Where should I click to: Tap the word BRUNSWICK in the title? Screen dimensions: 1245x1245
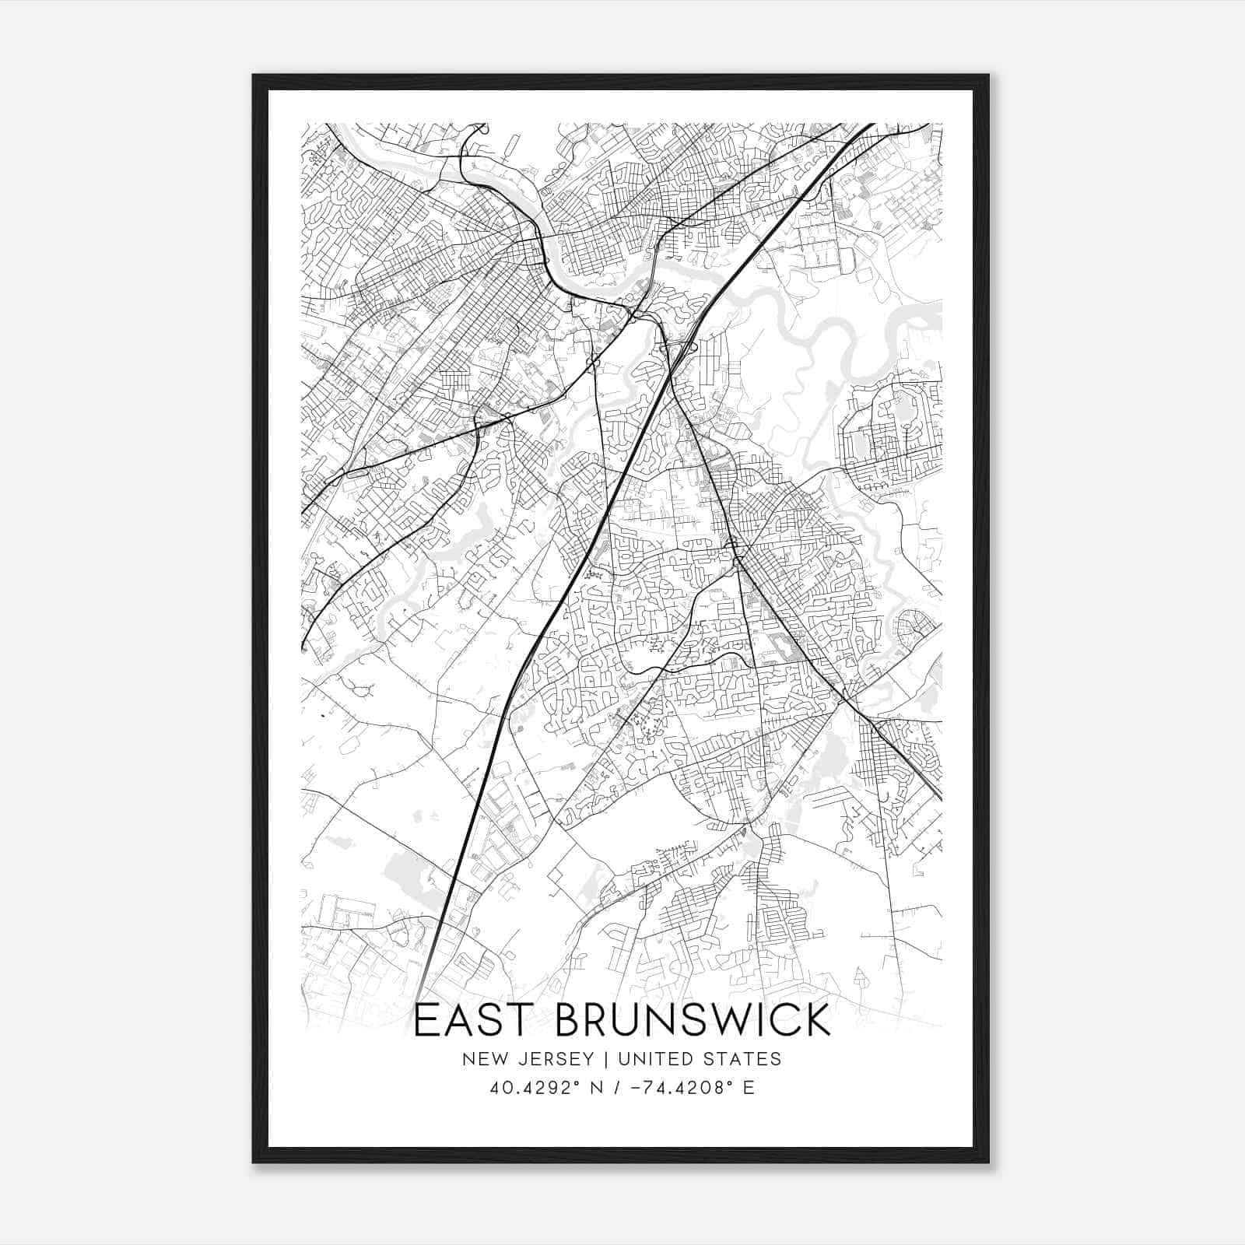[693, 1020]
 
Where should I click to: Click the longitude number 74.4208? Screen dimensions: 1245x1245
[682, 1088]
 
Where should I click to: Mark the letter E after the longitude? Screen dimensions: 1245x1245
[749, 1088]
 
